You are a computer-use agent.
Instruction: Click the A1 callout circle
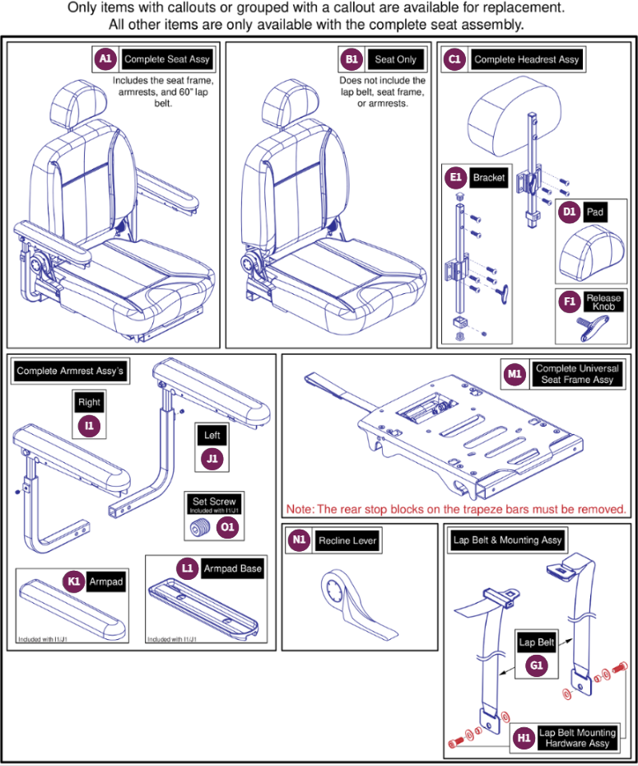coord(105,59)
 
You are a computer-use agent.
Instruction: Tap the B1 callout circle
coord(352,59)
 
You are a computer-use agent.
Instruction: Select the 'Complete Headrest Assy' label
coord(527,59)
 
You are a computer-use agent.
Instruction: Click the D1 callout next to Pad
coord(569,212)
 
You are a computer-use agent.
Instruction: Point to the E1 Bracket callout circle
coord(454,178)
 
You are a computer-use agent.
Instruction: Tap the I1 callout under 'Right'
coord(89,426)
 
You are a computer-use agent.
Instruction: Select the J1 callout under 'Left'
coord(212,459)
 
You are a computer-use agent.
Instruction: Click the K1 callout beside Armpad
coord(74,582)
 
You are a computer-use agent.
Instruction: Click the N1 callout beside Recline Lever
coord(299,540)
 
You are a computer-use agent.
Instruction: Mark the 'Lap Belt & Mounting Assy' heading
coord(507,539)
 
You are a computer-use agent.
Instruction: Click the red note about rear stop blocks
coord(460,508)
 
